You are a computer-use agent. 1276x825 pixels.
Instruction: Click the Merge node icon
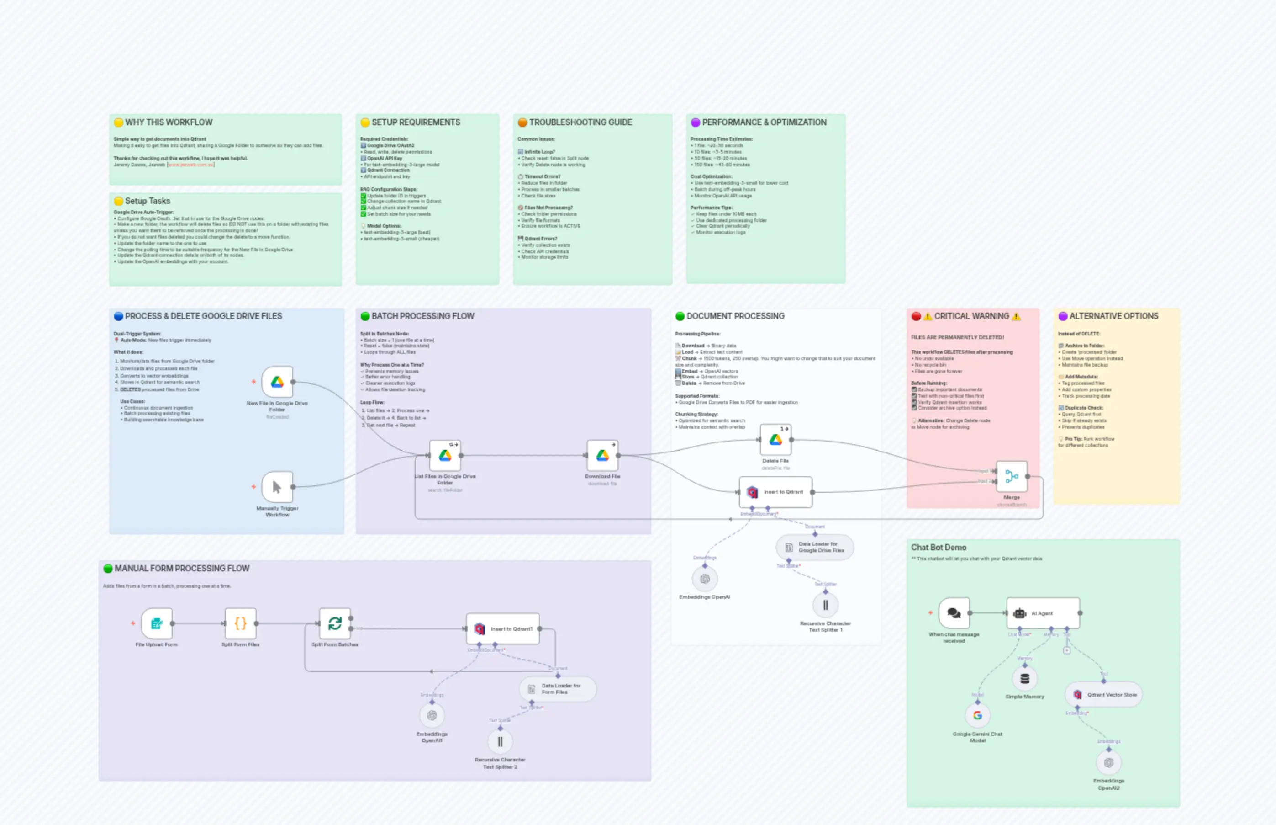(x=1011, y=476)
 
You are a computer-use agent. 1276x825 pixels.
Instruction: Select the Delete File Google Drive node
(x=775, y=440)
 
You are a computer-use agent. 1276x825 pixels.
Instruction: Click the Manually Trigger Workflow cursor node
(x=277, y=487)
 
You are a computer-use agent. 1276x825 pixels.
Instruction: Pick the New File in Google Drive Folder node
(x=277, y=382)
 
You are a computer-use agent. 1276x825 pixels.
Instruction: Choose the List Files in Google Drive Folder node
(x=445, y=455)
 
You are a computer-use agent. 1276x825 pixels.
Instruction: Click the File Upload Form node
(x=157, y=623)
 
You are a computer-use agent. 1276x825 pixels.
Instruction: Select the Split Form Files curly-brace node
(x=241, y=623)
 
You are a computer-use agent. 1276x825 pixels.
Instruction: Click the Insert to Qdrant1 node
(x=503, y=629)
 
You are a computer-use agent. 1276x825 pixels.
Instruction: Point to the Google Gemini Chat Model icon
(x=977, y=715)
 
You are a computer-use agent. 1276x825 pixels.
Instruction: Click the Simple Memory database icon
(x=1024, y=679)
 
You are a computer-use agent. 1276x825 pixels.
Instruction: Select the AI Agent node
(x=1043, y=613)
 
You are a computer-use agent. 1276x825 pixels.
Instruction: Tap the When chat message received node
(x=954, y=613)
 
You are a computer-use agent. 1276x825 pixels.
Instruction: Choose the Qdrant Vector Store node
(x=1104, y=695)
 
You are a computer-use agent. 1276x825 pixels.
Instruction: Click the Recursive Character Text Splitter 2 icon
(x=500, y=741)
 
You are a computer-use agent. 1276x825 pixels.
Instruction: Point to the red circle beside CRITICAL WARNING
(x=916, y=316)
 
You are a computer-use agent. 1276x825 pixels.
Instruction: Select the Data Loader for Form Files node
(x=557, y=689)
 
